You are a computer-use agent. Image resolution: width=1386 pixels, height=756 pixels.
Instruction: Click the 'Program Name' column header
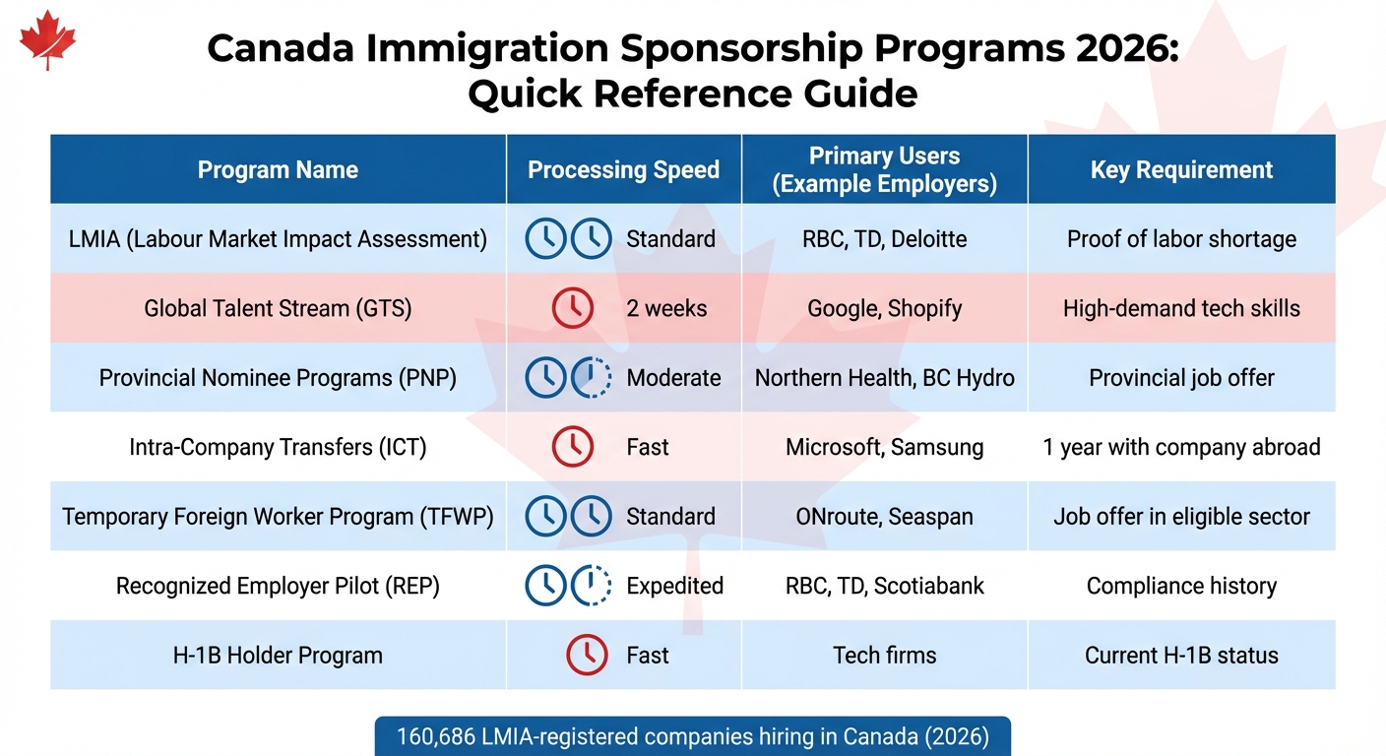[x=278, y=169]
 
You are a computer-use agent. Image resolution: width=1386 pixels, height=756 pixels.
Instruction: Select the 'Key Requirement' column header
[x=1181, y=169]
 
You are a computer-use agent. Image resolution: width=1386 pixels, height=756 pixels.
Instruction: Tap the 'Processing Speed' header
[x=623, y=169]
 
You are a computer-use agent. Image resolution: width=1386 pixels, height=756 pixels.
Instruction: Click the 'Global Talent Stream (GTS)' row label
[x=278, y=308]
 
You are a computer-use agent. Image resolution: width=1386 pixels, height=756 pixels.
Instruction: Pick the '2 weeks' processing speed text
[x=666, y=308]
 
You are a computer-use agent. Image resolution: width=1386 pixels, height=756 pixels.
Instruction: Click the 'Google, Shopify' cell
[x=884, y=308]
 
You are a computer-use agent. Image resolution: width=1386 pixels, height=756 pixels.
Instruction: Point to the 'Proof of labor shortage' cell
[x=1181, y=239]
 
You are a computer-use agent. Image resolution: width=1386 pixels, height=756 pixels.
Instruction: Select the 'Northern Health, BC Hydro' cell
[x=884, y=378]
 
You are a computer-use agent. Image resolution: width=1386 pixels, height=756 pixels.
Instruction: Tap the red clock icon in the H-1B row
[x=587, y=656]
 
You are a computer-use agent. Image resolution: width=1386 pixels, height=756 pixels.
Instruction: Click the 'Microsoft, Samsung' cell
[x=884, y=447]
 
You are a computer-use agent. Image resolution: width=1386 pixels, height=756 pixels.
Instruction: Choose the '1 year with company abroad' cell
[x=1181, y=447]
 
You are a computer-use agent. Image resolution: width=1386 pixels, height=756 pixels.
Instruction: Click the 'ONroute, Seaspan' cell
[x=884, y=517]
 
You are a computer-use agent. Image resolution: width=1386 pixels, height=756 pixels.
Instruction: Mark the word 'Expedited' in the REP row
[x=674, y=586]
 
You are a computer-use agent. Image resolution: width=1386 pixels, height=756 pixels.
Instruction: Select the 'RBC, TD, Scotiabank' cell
[x=884, y=586]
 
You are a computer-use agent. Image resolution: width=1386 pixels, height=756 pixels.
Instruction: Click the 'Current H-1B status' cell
[x=1181, y=656]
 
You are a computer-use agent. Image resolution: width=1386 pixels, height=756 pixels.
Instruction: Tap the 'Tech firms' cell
[x=884, y=656]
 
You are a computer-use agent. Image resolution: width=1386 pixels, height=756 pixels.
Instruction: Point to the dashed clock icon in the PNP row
[x=592, y=378]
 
